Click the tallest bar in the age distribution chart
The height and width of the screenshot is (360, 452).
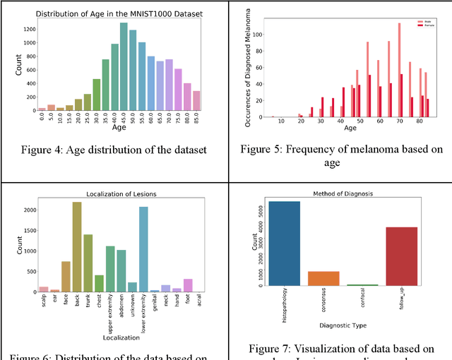point(124,67)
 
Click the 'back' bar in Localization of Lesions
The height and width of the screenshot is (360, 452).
point(77,247)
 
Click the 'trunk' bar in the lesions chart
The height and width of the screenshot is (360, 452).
point(88,263)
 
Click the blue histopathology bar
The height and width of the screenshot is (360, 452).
point(284,244)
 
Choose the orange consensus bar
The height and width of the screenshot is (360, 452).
point(324,278)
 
